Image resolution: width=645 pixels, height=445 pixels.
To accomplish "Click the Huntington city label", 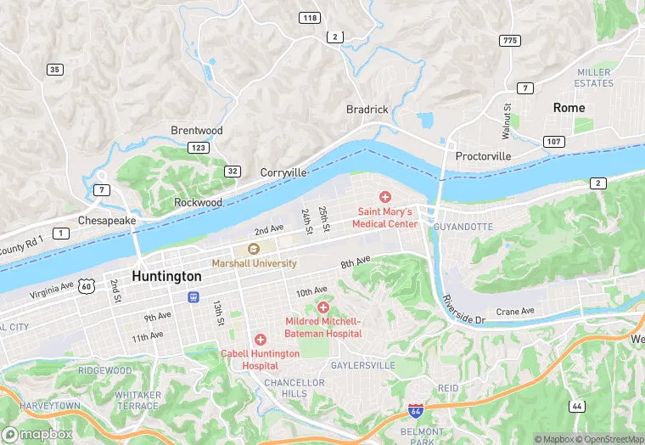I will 166,277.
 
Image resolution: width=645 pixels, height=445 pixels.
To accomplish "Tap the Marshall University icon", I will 253,249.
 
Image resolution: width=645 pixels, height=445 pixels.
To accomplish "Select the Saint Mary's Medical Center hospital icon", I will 384,197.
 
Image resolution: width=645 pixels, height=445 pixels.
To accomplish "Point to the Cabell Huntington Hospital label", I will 260,359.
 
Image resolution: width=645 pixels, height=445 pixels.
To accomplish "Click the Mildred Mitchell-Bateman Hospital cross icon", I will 322,307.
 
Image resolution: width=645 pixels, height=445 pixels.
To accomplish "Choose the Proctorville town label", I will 483,157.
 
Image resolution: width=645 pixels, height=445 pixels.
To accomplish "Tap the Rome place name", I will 569,108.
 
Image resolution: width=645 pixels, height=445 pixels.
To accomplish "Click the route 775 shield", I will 510,41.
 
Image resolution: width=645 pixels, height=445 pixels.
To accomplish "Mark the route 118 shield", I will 309,18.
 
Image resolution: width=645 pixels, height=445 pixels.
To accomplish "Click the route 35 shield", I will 55,70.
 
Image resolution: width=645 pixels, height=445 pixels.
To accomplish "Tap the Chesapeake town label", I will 107,220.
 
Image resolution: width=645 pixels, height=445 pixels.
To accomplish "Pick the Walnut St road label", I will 507,121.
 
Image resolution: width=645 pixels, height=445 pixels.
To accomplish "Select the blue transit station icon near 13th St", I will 193,297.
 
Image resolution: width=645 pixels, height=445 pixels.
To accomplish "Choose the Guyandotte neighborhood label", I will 463,228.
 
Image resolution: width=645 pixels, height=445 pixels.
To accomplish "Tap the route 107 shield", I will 553,141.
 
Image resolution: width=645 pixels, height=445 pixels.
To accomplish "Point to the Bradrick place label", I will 367,110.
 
